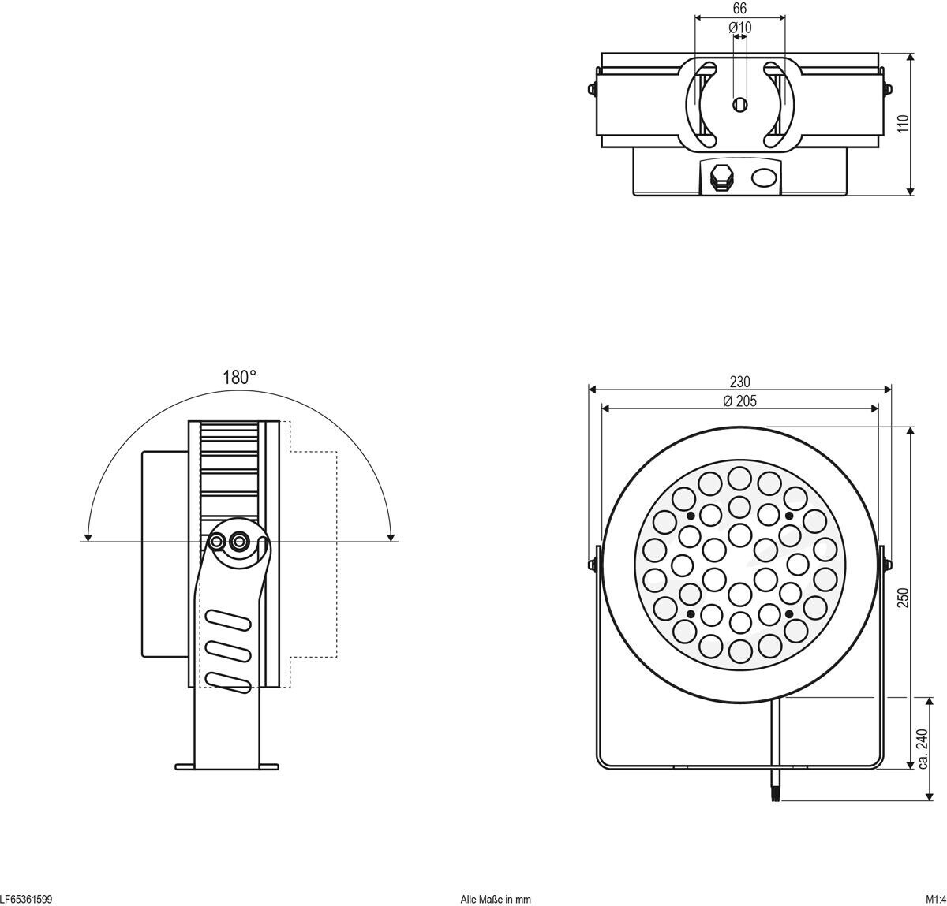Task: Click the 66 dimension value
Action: click(x=739, y=9)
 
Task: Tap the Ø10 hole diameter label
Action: click(x=739, y=28)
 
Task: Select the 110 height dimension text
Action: click(x=904, y=124)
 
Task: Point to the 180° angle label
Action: click(x=239, y=377)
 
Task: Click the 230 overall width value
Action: click(x=739, y=382)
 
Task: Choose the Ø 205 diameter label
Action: click(x=739, y=401)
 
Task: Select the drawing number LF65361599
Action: click(x=26, y=899)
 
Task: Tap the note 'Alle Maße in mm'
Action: click(x=496, y=899)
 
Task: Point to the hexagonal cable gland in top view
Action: click(x=719, y=177)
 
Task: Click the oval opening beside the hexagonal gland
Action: click(x=763, y=177)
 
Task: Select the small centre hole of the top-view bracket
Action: click(x=739, y=104)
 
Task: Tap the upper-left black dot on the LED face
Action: click(x=691, y=515)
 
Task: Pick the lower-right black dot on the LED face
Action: click(x=788, y=613)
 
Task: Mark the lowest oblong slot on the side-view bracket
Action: click(x=227, y=680)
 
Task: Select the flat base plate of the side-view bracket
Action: click(x=226, y=766)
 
